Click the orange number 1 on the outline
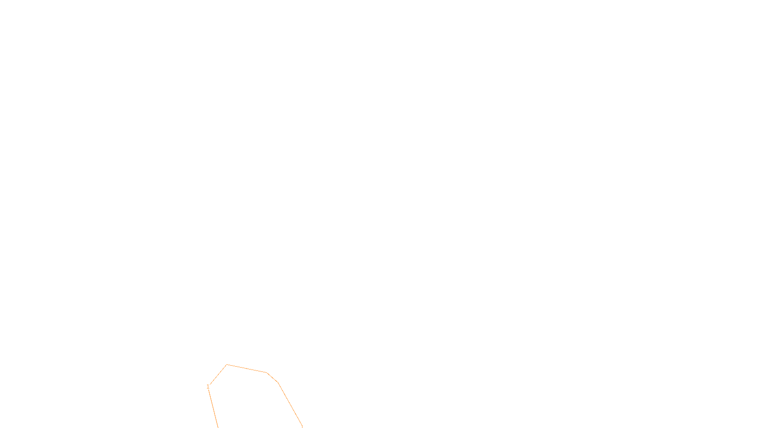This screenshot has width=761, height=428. tap(208, 386)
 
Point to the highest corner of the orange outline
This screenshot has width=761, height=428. tap(226, 365)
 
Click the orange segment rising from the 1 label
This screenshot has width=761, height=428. tap(218, 374)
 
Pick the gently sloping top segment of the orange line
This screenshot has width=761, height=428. tap(246, 369)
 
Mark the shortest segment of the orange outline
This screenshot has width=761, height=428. tap(272, 378)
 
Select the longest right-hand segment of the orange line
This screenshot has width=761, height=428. tap(290, 404)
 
